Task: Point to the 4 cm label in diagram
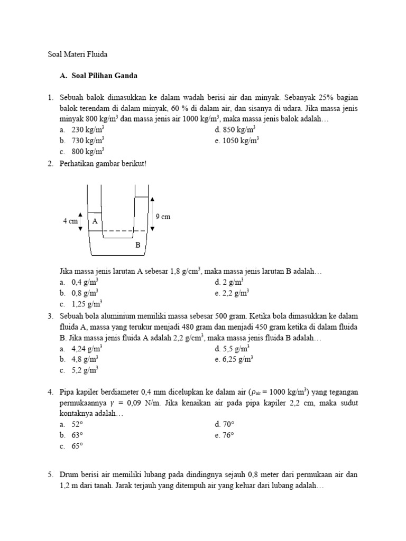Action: point(70,221)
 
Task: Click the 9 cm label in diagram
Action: point(163,217)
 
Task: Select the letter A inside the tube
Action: point(95,221)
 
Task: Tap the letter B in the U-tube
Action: point(137,245)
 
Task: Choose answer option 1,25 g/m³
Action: point(87,303)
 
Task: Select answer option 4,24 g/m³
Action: point(87,349)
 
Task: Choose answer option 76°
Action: point(228,435)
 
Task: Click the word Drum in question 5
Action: point(68,475)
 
